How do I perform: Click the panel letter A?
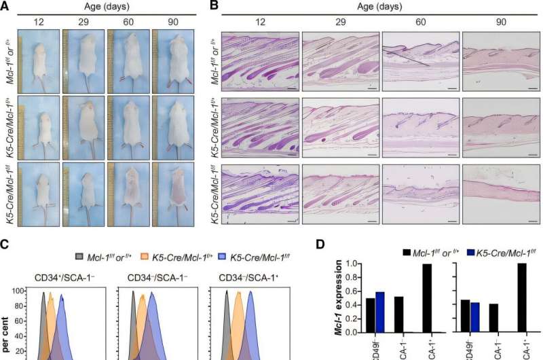6,6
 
